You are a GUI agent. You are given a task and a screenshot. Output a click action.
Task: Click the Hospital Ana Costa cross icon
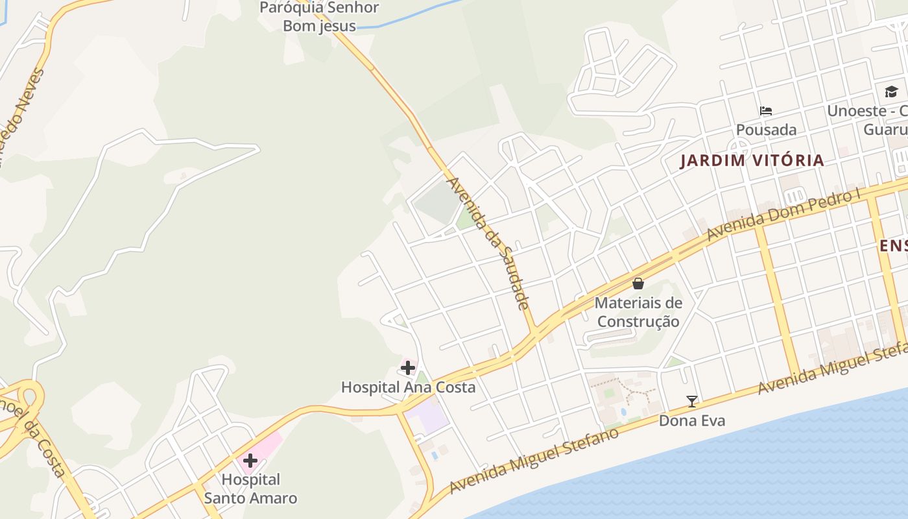click(407, 368)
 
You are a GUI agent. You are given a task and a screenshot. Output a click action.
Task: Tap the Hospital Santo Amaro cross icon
click(250, 461)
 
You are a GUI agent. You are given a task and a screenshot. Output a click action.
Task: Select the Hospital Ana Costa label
click(408, 387)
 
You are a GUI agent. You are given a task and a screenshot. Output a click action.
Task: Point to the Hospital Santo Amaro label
click(250, 489)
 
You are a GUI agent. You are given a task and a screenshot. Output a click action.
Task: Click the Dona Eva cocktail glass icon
click(692, 402)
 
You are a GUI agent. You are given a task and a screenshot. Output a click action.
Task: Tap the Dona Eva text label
click(692, 420)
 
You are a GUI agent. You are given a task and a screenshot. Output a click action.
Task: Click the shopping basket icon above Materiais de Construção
click(638, 284)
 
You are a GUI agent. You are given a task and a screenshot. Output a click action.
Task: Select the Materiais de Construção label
click(638, 312)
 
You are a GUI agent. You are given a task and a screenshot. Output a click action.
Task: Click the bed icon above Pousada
click(766, 111)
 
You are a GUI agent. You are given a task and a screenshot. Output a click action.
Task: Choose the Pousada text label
click(766, 130)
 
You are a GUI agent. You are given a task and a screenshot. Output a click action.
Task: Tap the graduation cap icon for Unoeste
click(891, 92)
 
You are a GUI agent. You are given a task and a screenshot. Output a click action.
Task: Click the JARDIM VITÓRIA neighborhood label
click(752, 160)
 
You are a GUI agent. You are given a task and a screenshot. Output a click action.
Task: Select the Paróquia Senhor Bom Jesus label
click(319, 17)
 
